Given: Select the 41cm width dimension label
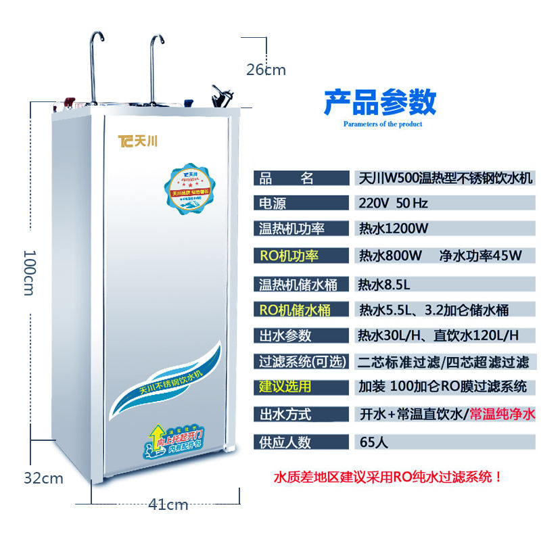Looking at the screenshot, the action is click(168, 504).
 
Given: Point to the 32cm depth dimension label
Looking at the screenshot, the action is click(43, 479).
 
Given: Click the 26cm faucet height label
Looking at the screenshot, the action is click(266, 70).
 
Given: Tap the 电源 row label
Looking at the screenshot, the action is click(273, 203).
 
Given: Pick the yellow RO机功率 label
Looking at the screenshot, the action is click(289, 256).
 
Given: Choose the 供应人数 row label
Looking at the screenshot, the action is click(285, 442).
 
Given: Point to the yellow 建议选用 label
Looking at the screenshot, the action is click(285, 387).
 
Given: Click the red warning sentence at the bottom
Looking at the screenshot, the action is click(388, 477).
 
